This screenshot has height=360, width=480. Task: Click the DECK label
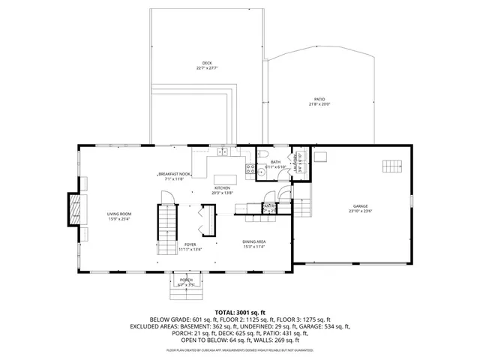point(206,62)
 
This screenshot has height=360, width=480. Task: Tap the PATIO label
point(319,99)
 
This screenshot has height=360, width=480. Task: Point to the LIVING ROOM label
point(119,214)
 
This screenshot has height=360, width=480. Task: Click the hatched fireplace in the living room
point(74,208)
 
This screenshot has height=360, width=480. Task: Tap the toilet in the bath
point(262,157)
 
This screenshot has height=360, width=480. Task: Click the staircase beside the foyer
point(166,221)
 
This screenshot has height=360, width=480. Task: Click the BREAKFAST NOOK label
point(175,175)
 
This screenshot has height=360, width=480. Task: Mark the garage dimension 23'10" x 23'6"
point(360,211)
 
